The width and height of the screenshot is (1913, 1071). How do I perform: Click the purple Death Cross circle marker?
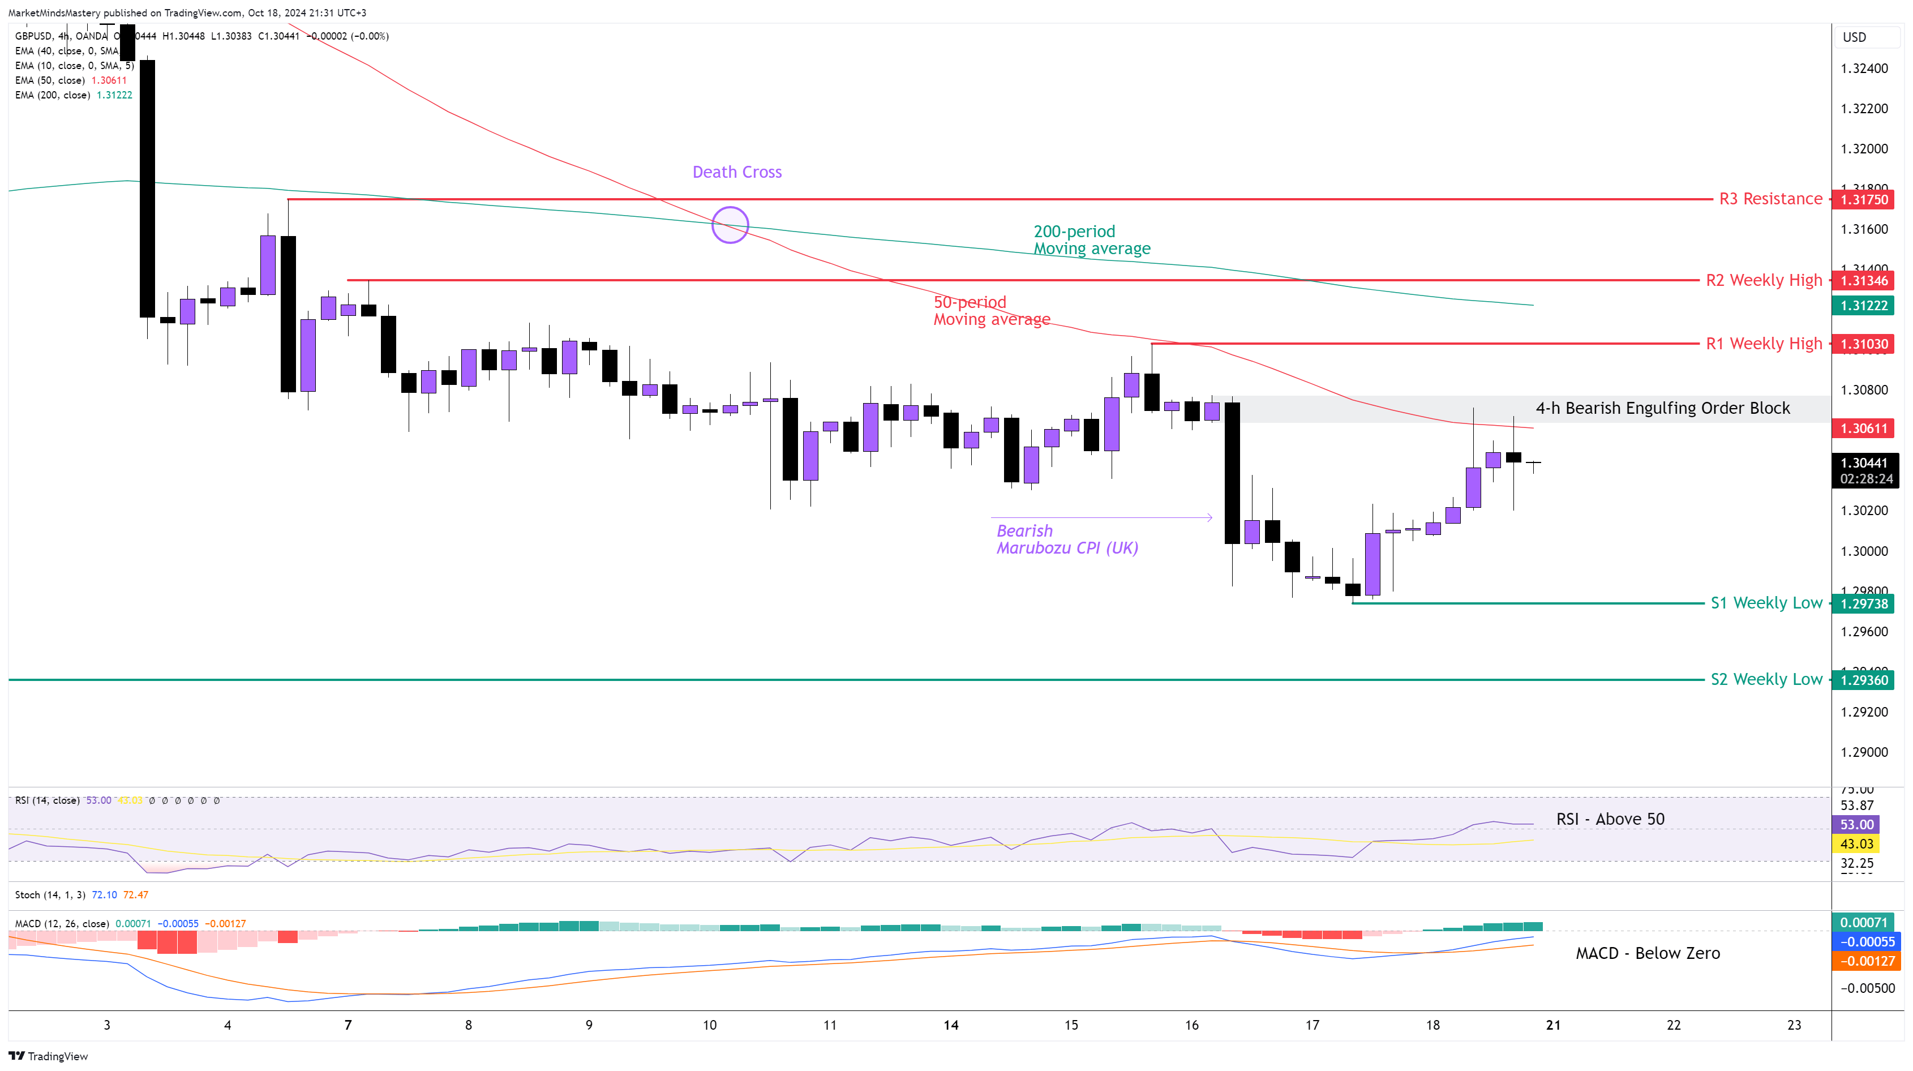tap(730, 225)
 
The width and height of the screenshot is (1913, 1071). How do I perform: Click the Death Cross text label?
tap(737, 172)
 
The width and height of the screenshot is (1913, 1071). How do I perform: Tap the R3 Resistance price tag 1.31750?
tap(1864, 200)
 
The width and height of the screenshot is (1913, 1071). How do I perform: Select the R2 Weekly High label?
tap(1764, 281)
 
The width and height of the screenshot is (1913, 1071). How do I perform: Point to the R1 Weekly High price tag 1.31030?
tap(1864, 344)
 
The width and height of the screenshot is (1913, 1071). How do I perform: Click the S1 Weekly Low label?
tap(1766, 603)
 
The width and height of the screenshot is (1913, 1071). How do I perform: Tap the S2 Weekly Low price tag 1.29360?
tap(1864, 680)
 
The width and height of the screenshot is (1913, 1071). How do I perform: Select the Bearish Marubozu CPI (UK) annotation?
tap(1066, 539)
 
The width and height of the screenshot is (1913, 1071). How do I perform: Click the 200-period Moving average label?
tap(1092, 240)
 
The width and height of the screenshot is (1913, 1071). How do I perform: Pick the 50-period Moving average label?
tap(992, 310)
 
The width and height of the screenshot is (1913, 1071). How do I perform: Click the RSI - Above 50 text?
tap(1610, 819)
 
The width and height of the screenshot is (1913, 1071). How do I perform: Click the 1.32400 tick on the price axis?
tap(1864, 69)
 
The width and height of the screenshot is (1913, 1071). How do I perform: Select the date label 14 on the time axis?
tap(951, 1026)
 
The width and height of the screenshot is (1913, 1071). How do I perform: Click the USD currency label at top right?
tap(1854, 38)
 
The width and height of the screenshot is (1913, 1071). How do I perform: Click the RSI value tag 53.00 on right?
tap(1856, 824)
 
